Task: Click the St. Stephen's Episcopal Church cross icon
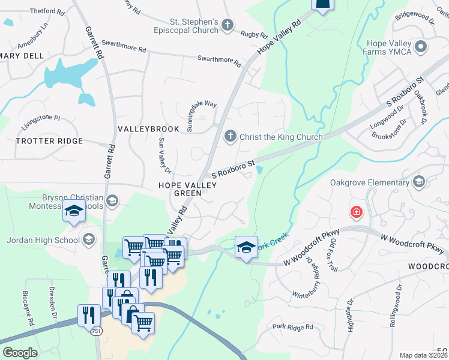[227, 25]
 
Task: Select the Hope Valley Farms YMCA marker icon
[421, 46]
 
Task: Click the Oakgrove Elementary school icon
[418, 182]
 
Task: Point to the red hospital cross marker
[357, 212]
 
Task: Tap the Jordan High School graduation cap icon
[89, 240]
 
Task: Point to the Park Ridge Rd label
[292, 327]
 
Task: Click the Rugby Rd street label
[249, 35]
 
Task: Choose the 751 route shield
[96, 331]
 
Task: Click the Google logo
[20, 353]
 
